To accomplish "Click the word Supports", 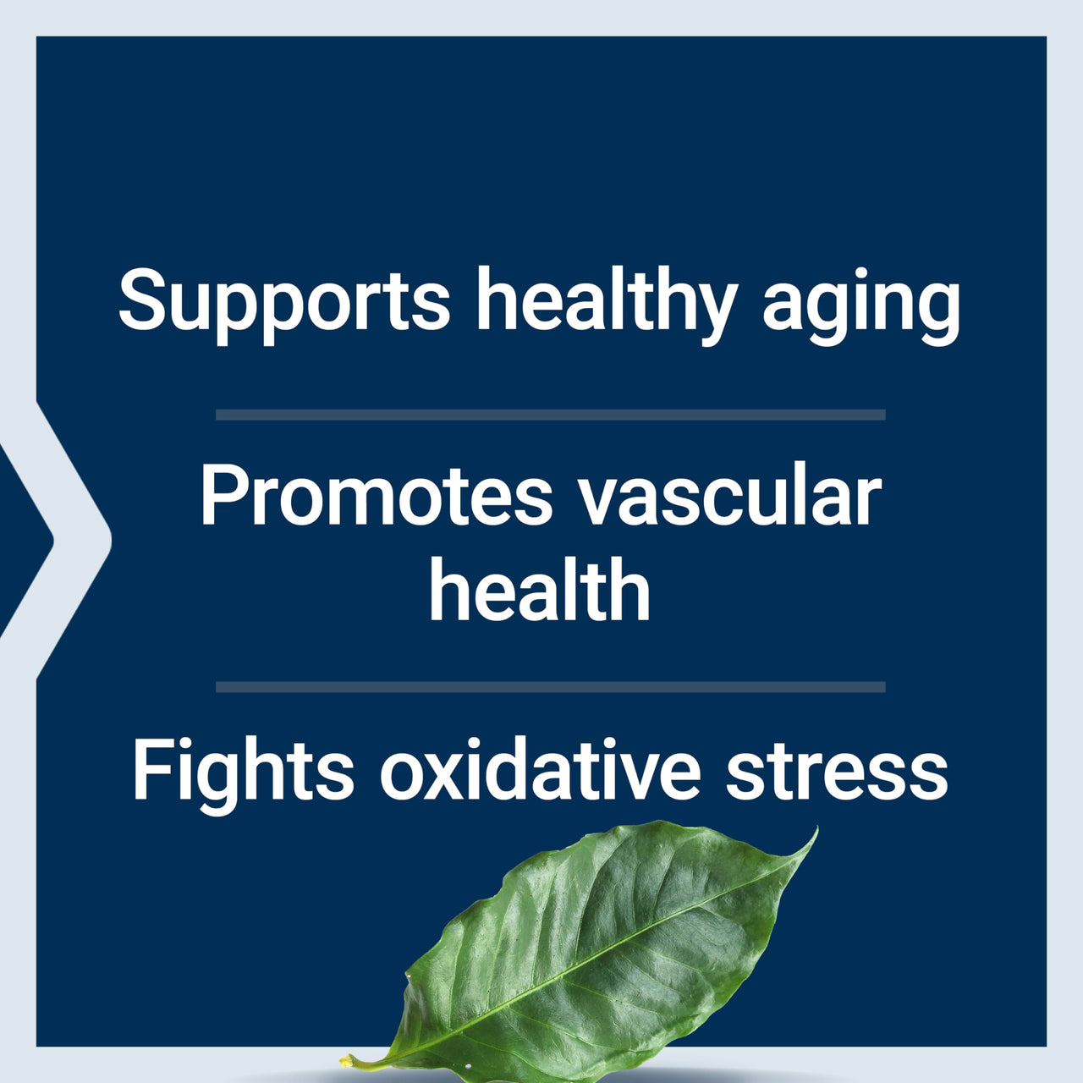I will tap(284, 301).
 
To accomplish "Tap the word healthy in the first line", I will tap(604, 303).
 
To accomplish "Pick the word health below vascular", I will tap(540, 591).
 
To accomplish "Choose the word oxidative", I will tap(540, 772).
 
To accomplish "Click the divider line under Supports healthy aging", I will tap(550, 415).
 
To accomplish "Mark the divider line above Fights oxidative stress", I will tap(550, 687).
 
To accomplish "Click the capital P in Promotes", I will tap(222, 498).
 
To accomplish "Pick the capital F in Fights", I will tap(151, 772).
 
